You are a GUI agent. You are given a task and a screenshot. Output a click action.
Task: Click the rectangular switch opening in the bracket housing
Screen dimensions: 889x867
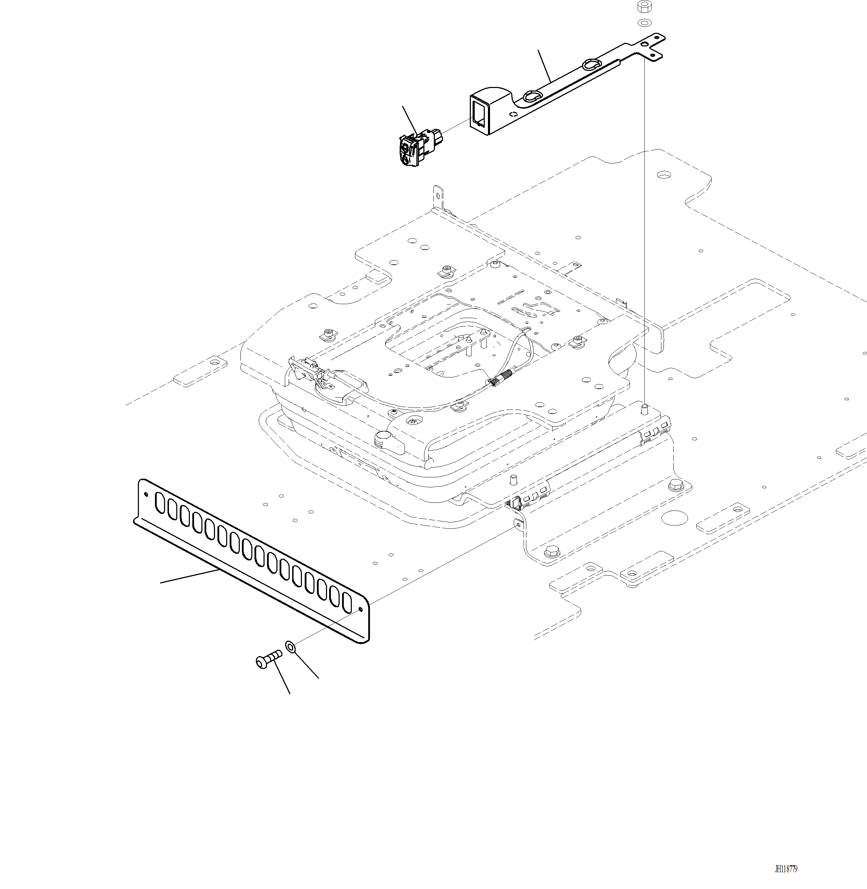[x=479, y=112]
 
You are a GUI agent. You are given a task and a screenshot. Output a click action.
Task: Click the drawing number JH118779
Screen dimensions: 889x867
[x=786, y=869]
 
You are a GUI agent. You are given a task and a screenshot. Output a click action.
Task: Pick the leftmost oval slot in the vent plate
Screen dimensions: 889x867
[x=160, y=501]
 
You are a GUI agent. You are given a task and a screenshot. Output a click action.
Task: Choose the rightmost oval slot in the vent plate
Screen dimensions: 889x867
[x=347, y=601]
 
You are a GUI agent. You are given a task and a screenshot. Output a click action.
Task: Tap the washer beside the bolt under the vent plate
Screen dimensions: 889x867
[x=290, y=646]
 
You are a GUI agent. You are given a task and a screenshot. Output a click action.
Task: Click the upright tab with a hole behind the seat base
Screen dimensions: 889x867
[x=438, y=196]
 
